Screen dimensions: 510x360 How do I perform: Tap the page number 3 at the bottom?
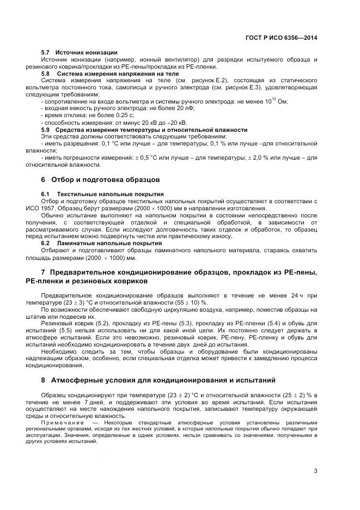[x=315, y=471]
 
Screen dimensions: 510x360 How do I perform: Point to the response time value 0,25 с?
[x=123, y=116]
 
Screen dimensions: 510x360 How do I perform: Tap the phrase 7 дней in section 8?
[x=86, y=401]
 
